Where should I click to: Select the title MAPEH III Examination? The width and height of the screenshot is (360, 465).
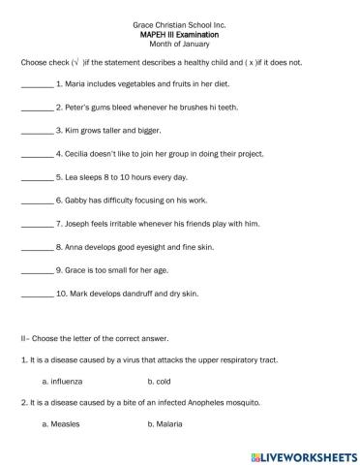click(x=179, y=33)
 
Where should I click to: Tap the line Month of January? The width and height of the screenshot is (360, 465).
click(x=179, y=44)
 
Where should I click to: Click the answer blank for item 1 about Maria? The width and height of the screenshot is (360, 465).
click(x=37, y=86)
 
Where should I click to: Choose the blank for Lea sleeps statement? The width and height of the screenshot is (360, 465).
click(x=37, y=178)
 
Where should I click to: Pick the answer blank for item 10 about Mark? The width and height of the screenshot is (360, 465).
click(x=37, y=294)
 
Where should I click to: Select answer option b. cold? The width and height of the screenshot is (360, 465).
click(x=161, y=383)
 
